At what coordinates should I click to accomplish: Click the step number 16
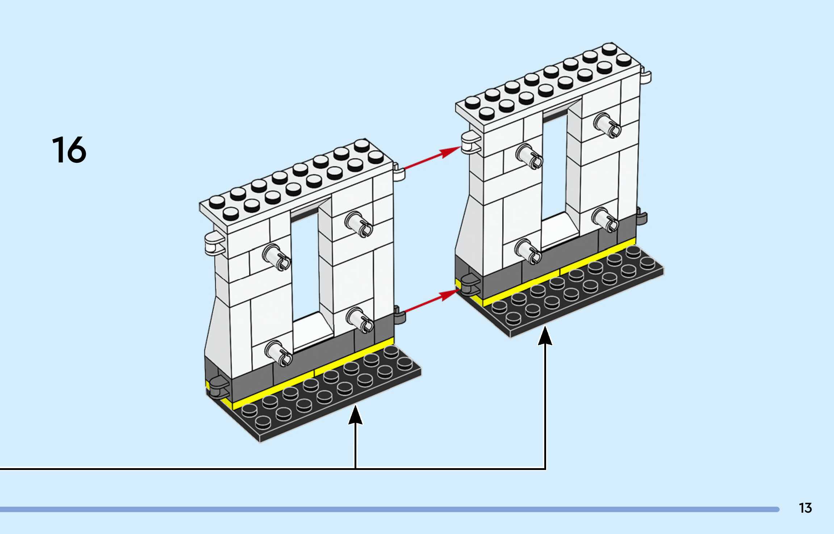tap(69, 150)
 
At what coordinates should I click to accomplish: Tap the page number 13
tap(805, 508)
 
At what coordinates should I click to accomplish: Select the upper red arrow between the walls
tap(431, 158)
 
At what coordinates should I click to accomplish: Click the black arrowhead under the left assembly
tap(355, 416)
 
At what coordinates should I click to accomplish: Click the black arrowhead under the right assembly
tap(545, 336)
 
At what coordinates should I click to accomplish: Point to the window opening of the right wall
tap(554, 166)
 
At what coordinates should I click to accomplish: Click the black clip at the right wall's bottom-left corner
tap(470, 284)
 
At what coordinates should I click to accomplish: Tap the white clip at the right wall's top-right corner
tap(645, 76)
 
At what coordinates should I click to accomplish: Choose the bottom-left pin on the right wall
tap(528, 251)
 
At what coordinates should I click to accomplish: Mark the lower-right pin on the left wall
tap(360, 320)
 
